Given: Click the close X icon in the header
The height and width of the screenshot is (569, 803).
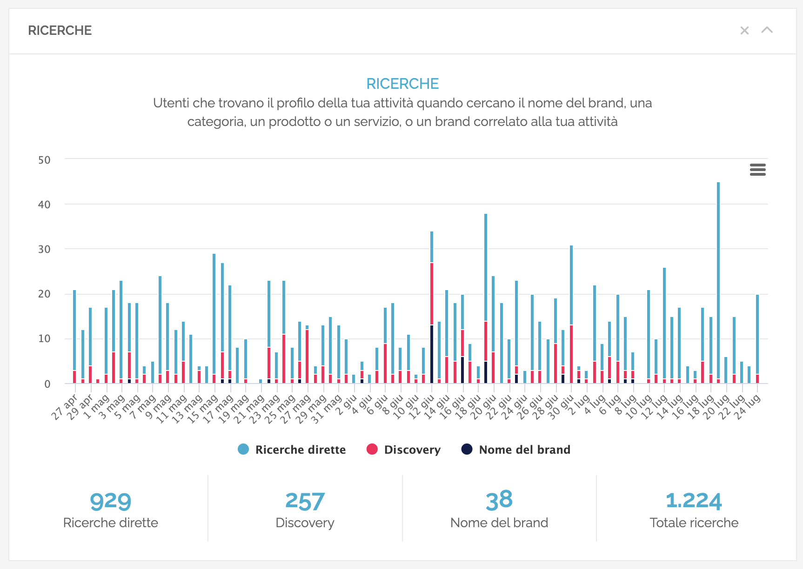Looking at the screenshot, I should pyautogui.click(x=744, y=31).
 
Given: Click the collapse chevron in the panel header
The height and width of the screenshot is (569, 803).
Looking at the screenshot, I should pyautogui.click(x=767, y=30).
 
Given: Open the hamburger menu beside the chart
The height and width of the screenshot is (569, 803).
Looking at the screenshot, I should pyautogui.click(x=757, y=170).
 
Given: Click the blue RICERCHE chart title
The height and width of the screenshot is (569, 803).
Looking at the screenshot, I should pyautogui.click(x=402, y=84).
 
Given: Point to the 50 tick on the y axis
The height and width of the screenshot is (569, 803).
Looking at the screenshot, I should pyautogui.click(x=44, y=160).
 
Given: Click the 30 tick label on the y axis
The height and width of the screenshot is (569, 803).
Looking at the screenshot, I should pyautogui.click(x=44, y=249).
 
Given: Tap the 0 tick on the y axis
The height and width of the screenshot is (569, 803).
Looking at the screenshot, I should pyautogui.click(x=47, y=384).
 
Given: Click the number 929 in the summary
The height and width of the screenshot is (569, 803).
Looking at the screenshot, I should pyautogui.click(x=110, y=501).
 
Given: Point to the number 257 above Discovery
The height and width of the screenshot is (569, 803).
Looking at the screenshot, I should pyautogui.click(x=305, y=501).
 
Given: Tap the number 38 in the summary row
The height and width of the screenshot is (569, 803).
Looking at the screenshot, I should pyautogui.click(x=499, y=500).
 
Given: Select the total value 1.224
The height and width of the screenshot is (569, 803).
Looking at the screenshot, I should pyautogui.click(x=694, y=501).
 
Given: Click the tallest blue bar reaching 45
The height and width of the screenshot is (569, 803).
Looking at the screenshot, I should pyautogui.click(x=718, y=279).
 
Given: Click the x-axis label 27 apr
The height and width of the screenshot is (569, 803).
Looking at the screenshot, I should pyautogui.click(x=65, y=407).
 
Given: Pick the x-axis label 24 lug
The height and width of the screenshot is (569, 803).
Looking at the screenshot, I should pyautogui.click(x=747, y=407).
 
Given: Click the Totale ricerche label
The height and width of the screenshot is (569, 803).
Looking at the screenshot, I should pyautogui.click(x=694, y=523).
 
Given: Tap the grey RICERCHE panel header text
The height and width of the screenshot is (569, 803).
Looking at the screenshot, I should pyautogui.click(x=60, y=31).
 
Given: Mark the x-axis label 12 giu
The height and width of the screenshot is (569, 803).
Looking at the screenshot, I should pyautogui.click(x=422, y=407).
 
